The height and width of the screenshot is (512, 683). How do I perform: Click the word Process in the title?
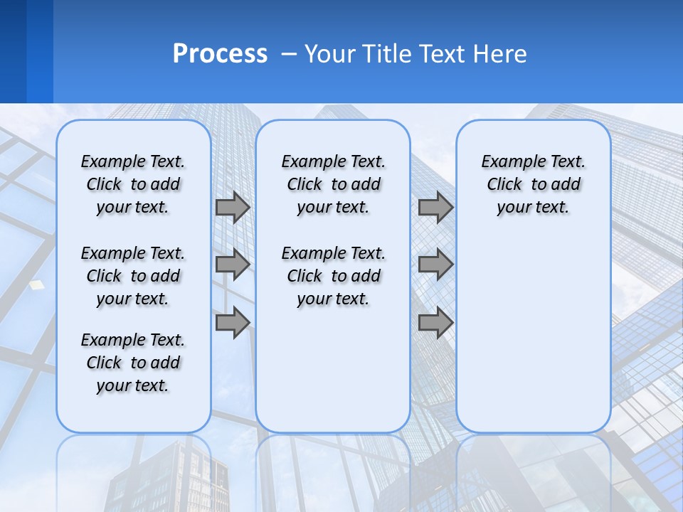pyautogui.click(x=220, y=54)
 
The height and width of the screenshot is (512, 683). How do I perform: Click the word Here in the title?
pyautogui.click(x=501, y=54)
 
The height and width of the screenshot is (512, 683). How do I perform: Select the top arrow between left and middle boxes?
pyautogui.click(x=233, y=207)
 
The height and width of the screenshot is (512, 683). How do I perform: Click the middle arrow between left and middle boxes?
pyautogui.click(x=233, y=265)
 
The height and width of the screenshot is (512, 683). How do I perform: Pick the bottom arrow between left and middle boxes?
pyautogui.click(x=233, y=322)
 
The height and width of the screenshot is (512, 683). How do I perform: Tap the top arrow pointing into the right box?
pyautogui.click(x=435, y=207)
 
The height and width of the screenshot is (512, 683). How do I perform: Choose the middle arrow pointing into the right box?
pyautogui.click(x=435, y=265)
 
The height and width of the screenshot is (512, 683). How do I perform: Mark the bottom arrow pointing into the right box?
pyautogui.click(x=435, y=322)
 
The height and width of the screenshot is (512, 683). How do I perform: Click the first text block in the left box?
pyautogui.click(x=133, y=184)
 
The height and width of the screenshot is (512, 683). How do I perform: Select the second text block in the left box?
pyautogui.click(x=133, y=276)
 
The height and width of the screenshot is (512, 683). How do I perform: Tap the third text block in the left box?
pyautogui.click(x=133, y=363)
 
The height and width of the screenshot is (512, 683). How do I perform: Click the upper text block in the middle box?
pyautogui.click(x=333, y=184)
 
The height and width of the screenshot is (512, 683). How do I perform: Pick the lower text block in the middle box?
pyautogui.click(x=333, y=276)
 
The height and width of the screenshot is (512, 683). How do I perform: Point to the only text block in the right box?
pyautogui.click(x=533, y=184)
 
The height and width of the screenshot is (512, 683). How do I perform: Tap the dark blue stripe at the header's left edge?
pyautogui.click(x=13, y=51)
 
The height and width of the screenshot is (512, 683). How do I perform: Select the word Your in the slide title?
pyautogui.click(x=329, y=54)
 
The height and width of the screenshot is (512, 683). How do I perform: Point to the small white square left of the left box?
pyautogui.click(x=36, y=284)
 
